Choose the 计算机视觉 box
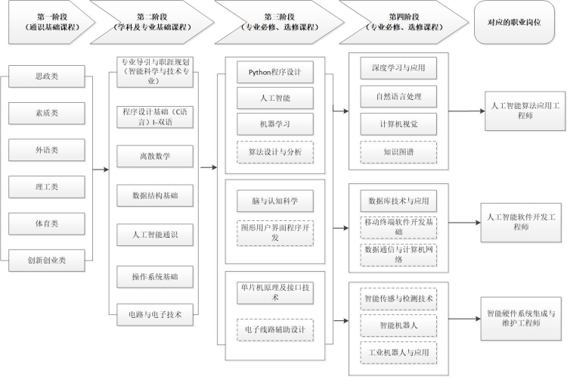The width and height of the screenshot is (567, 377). coord(398,124)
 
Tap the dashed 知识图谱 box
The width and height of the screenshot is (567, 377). coord(398,151)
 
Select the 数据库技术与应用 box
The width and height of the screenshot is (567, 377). coord(398,201)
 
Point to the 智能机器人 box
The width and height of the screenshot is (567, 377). coord(398,326)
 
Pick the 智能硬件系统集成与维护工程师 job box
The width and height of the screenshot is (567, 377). coord(522,318)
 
